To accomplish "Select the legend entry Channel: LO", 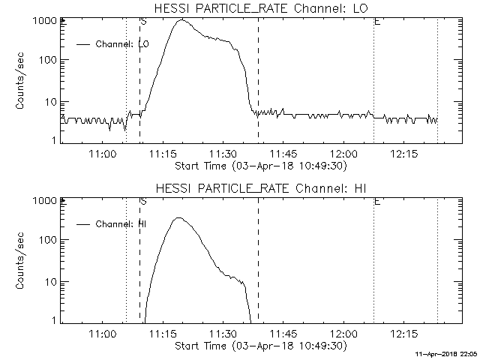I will point(123,43).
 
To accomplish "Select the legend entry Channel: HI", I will point(123,223).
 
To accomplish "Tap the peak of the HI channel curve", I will point(178,218).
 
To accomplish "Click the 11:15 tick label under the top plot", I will point(162,153).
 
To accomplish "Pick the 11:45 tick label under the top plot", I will point(282,153).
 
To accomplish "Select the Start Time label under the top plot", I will point(259,166).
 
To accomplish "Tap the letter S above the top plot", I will point(142,22).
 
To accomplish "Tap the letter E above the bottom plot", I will point(376,202).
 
